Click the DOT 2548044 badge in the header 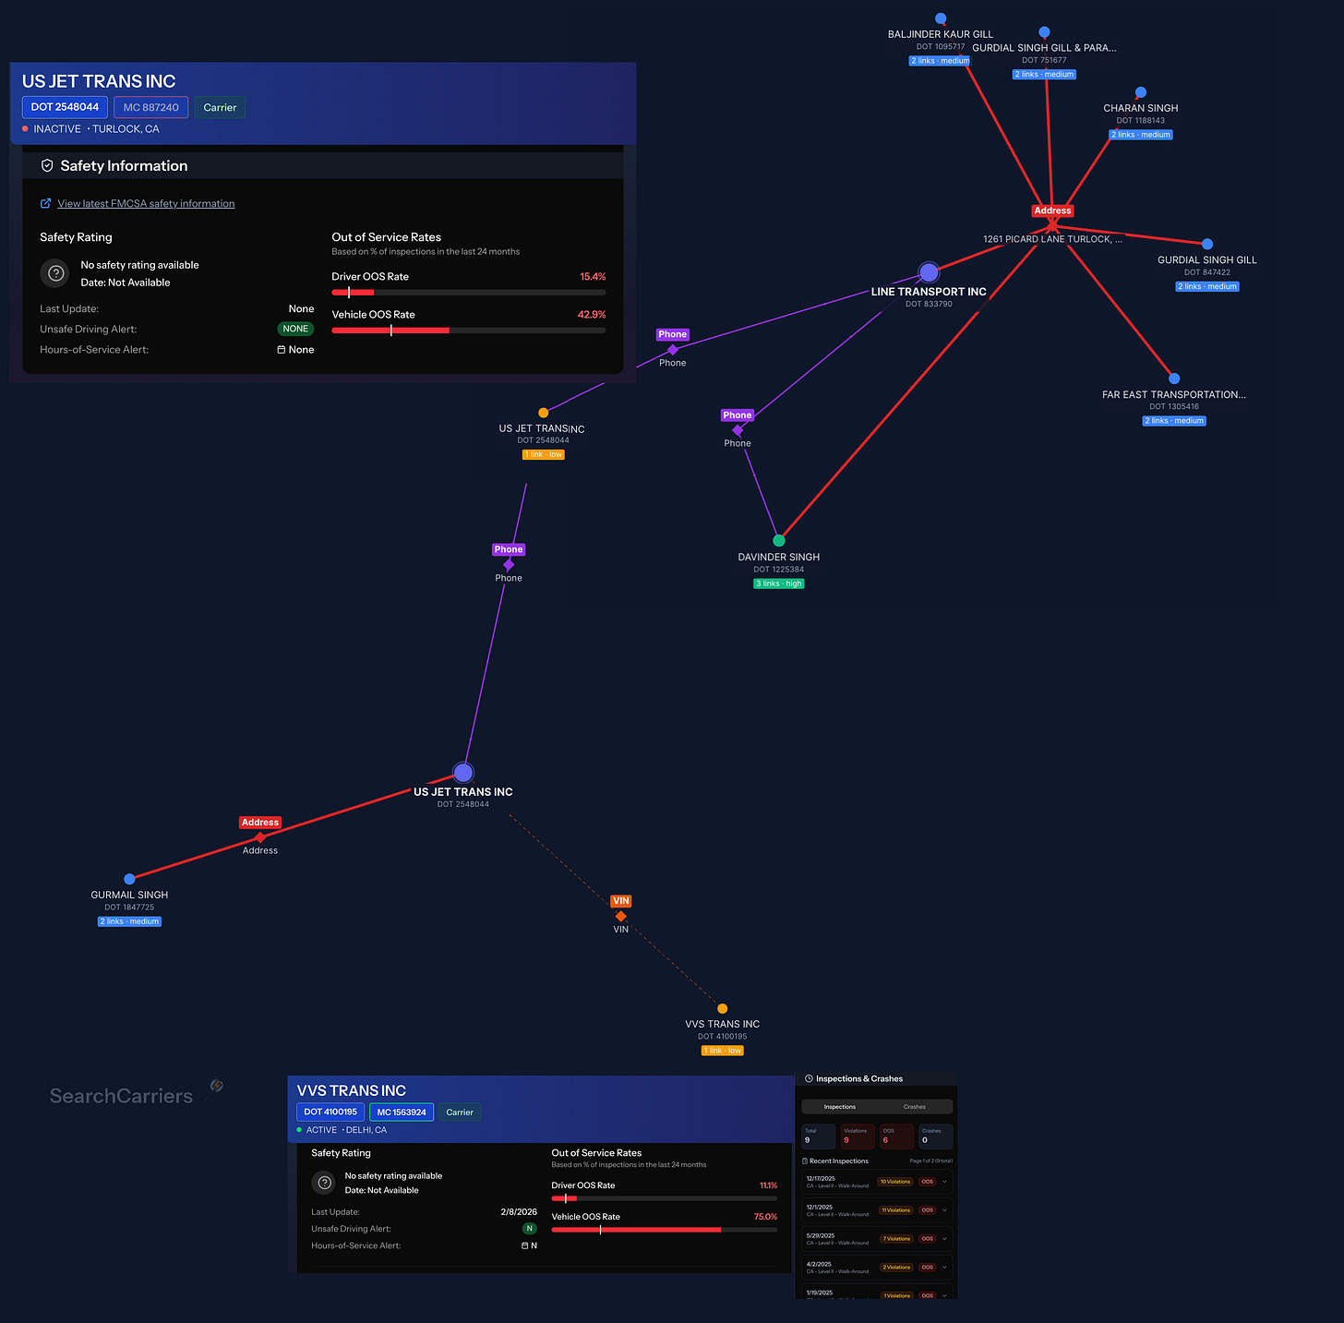pyautogui.click(x=65, y=107)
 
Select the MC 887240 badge pyautogui.click(x=151, y=107)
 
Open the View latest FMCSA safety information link pyautogui.click(x=146, y=204)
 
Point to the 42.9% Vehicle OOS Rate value pyautogui.click(x=592, y=315)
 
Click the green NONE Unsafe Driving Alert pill pyautogui.click(x=295, y=329)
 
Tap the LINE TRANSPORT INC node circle pyautogui.click(x=929, y=272)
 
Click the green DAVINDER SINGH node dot pyautogui.click(x=779, y=541)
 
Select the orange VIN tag pyautogui.click(x=620, y=901)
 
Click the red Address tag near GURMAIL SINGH pyautogui.click(x=260, y=823)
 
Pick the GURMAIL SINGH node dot pyautogui.click(x=129, y=879)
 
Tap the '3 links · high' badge pyautogui.click(x=779, y=583)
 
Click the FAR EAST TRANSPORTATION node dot pyautogui.click(x=1174, y=379)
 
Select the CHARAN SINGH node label pyautogui.click(x=1141, y=108)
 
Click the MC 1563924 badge pyautogui.click(x=402, y=1113)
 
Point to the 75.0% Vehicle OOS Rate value pyautogui.click(x=765, y=1217)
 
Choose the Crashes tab pyautogui.click(x=914, y=1107)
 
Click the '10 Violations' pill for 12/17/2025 pyautogui.click(x=895, y=1182)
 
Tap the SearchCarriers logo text pyautogui.click(x=121, y=1096)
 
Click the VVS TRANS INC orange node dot pyautogui.click(x=723, y=1009)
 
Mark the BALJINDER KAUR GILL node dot pyautogui.click(x=941, y=18)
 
